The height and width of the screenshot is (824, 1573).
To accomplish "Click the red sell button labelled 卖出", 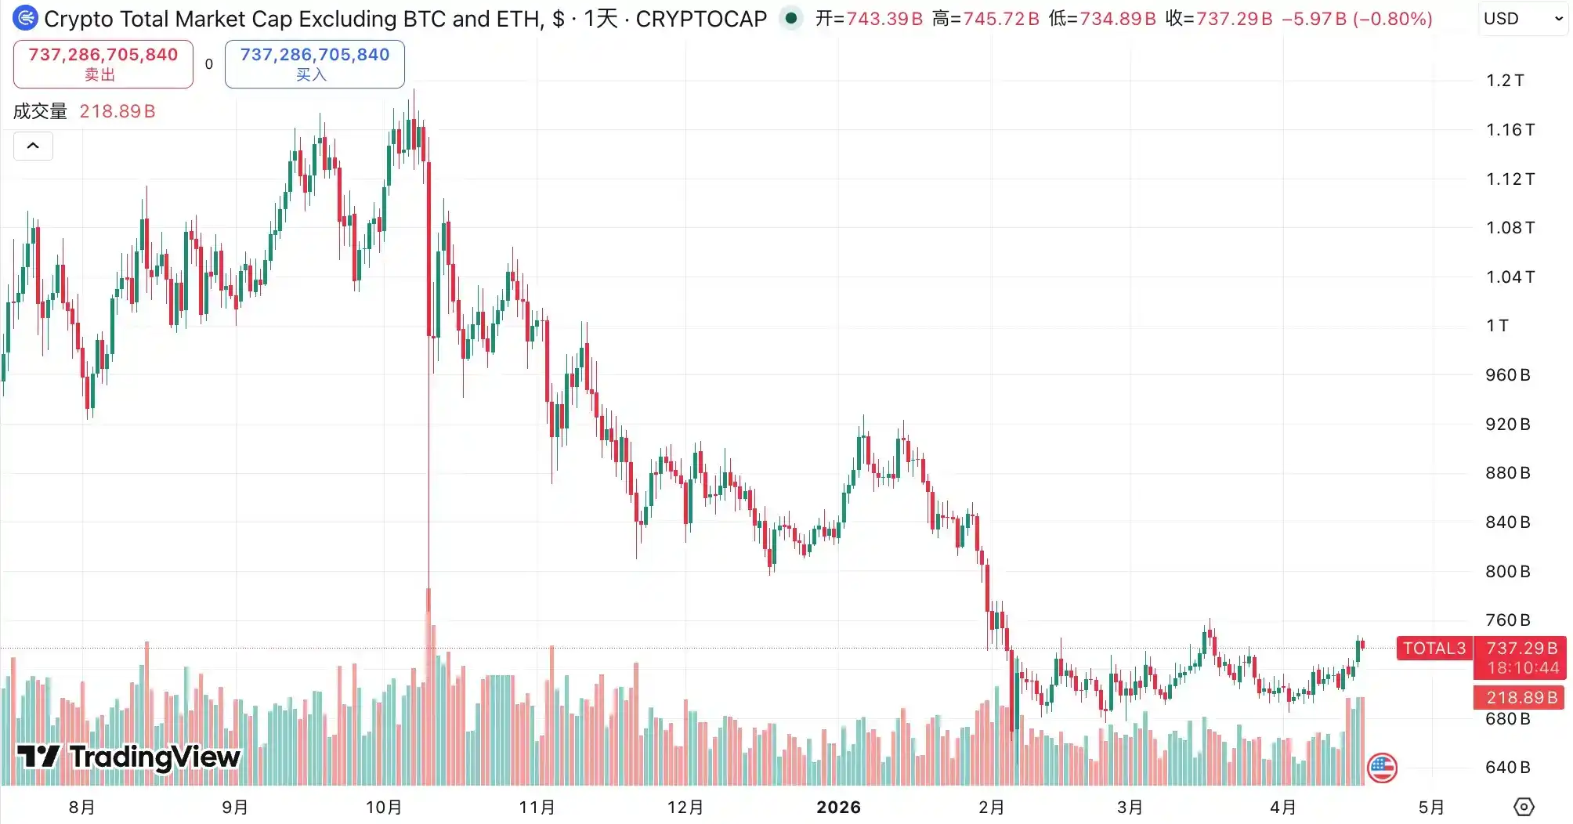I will pos(103,64).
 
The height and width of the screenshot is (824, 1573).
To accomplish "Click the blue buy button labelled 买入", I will pos(314,64).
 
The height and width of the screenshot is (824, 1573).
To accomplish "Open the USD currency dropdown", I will pos(1523,19).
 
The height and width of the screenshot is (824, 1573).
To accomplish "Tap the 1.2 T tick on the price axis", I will pos(1505,81).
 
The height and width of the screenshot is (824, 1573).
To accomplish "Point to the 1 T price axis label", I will pos(1497,326).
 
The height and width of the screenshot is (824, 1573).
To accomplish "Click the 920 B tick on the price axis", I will pos(1507,425).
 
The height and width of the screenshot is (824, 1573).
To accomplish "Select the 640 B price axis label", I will pos(1507,768).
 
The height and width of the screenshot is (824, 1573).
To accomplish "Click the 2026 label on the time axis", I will pos(838,808).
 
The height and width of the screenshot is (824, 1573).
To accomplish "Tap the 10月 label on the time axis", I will pos(384,808).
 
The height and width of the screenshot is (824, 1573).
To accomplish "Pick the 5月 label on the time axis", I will pos(1431,808).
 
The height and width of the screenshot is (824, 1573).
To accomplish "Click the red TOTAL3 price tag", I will pos(1434,649).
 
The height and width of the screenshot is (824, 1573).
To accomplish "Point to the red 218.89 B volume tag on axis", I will pos(1521,697).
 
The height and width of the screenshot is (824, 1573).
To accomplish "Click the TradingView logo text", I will pos(154,757).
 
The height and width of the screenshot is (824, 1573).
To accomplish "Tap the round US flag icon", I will pos(1382,768).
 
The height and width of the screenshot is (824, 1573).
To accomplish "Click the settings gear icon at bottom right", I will pos(1524,807).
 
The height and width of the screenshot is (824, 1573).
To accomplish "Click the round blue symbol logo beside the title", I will pos(26,18).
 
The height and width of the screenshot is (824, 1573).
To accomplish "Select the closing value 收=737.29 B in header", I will pos(1219,19).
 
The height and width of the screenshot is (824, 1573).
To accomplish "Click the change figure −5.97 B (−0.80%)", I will pos(1357,19).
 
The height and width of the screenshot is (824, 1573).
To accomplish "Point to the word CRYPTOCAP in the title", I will pos(701,19).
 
